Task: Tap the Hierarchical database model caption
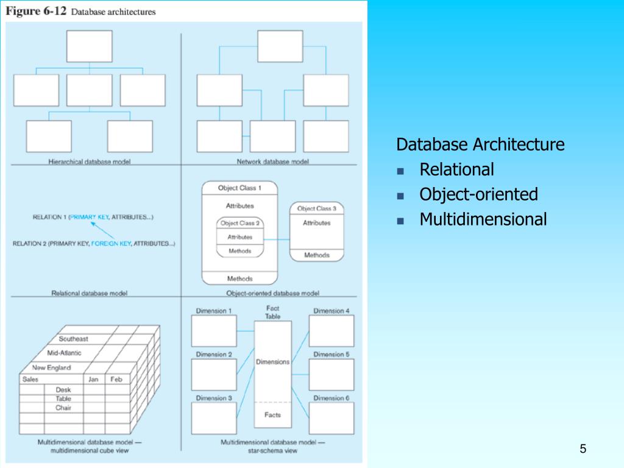coord(90,161)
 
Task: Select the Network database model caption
coord(272,161)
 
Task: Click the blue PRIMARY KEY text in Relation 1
coord(89,217)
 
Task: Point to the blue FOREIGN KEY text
coord(111,244)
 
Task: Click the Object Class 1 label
coord(239,188)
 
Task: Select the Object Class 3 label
coord(316,208)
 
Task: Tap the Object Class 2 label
coord(240,223)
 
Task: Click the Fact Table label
coord(272,313)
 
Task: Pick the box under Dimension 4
coord(331,331)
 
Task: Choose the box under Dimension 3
coord(214,418)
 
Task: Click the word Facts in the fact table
coord(272,415)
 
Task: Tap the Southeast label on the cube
coord(73,339)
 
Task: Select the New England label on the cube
coord(51,367)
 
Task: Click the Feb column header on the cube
coord(116,379)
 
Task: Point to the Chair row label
coord(63,407)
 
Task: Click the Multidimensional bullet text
coord(483,219)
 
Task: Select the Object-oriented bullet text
coord(478,194)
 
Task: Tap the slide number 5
coord(583,450)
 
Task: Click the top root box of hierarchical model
coord(89,46)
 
